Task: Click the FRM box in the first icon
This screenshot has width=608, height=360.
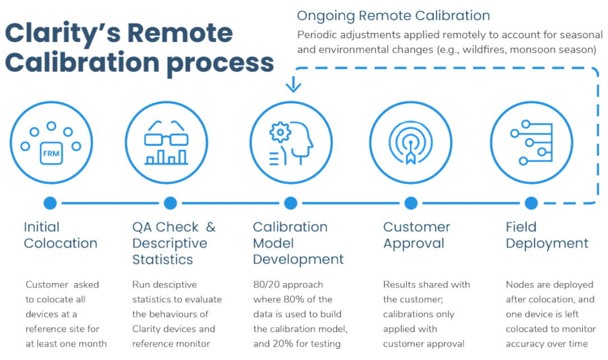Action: tap(51, 154)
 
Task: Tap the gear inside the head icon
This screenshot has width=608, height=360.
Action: tap(280, 132)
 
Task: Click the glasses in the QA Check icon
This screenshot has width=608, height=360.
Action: tap(167, 133)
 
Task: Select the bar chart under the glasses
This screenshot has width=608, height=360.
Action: tap(167, 157)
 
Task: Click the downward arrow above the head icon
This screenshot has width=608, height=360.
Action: tap(293, 84)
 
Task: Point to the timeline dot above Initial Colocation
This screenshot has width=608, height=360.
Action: tap(50, 203)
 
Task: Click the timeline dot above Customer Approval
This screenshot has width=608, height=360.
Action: tap(411, 203)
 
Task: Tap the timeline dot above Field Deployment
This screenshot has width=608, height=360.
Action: tap(531, 203)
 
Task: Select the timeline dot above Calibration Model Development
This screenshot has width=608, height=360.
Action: tap(291, 203)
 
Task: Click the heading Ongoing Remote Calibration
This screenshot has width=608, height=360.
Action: tap(393, 16)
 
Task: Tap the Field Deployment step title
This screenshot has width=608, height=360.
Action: tap(547, 235)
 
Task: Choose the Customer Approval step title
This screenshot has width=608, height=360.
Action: tap(416, 235)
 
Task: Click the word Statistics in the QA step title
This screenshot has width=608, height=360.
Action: tap(163, 259)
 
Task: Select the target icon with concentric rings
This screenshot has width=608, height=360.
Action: tap(411, 144)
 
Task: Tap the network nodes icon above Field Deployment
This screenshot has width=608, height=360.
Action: tap(531, 142)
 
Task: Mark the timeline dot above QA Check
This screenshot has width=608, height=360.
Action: tap(170, 203)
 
